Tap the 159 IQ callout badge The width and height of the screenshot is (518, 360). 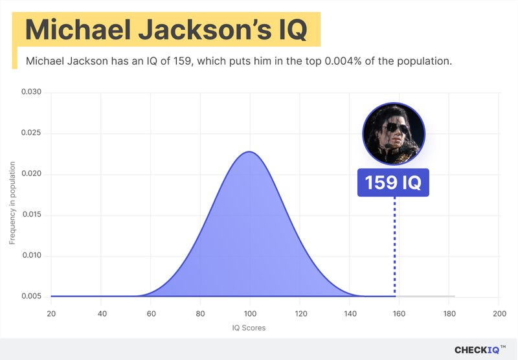coord(393,183)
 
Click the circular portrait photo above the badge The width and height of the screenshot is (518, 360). coord(392,133)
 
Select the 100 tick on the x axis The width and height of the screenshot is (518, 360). coord(249,313)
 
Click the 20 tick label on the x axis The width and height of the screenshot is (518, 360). coord(51,313)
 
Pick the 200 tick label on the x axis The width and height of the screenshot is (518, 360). coord(498,313)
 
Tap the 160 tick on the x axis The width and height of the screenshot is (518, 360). coord(399,313)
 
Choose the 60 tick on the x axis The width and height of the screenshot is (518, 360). coord(150,313)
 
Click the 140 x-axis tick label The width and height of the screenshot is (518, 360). coord(349,313)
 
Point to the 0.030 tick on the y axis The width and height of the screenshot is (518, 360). coord(31,93)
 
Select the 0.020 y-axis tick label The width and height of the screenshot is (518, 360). coord(31,174)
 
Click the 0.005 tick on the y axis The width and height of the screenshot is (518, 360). coord(31,297)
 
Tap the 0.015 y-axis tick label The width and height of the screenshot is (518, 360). coord(31,215)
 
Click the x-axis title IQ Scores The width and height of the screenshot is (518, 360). coord(249,328)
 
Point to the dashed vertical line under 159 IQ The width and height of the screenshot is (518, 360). coord(394,246)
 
